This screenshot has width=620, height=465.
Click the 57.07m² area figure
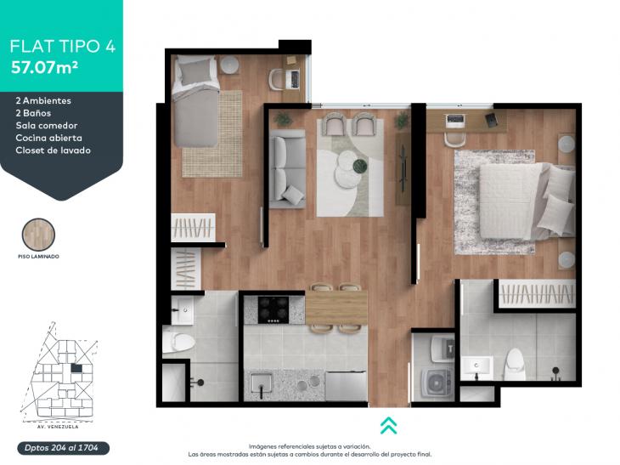point(44,67)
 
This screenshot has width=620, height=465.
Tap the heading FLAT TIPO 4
point(63,46)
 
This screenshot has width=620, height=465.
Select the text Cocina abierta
point(49,138)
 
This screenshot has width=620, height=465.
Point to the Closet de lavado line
point(53,150)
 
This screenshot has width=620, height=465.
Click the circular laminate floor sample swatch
point(38,235)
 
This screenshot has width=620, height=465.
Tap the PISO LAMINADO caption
point(38,257)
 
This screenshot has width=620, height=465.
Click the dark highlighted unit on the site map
point(76,368)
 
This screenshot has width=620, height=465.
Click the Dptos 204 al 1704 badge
point(63,448)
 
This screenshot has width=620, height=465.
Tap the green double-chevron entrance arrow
point(389,425)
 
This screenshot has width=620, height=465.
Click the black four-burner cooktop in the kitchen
point(273,309)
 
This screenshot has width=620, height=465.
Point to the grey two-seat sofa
point(287,168)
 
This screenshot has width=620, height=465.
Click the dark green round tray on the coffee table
point(360,166)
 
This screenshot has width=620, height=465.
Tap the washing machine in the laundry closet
point(437,383)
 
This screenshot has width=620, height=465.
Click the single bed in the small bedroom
point(196,101)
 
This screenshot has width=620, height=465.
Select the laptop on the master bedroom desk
point(454,120)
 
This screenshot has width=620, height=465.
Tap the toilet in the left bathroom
point(180,341)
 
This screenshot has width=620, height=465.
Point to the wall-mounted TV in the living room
point(403,169)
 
